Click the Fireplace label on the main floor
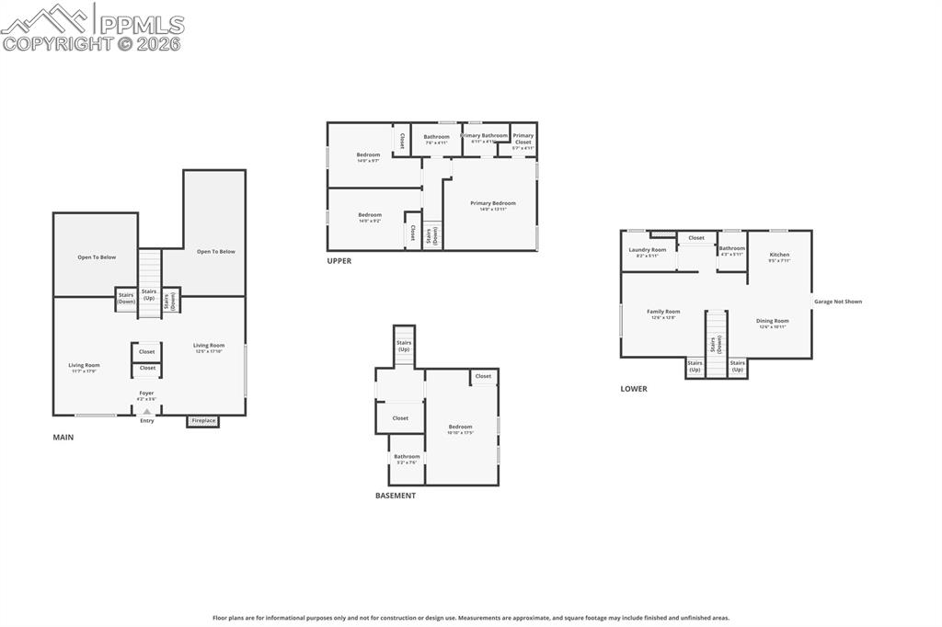(203, 421)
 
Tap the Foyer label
(146, 393)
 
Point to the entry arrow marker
(146, 412)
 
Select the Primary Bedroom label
(492, 203)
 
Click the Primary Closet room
(523, 139)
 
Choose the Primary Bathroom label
(484, 136)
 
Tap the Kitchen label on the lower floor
(779, 255)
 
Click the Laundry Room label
(648, 250)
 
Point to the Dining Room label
(773, 321)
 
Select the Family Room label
(663, 312)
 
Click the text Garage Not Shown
(838, 302)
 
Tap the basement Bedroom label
(460, 427)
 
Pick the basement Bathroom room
(407, 459)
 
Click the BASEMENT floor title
(396, 496)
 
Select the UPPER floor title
(339, 261)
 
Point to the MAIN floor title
(63, 438)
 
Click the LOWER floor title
(634, 389)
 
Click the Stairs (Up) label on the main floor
(149, 295)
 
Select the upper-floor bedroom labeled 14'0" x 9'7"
(368, 155)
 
